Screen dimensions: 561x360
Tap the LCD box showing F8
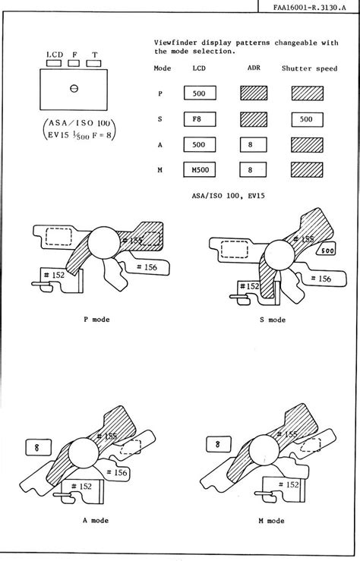coord(200,118)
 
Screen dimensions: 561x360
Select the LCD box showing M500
coord(200,169)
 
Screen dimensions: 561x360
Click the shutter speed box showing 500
coord(306,118)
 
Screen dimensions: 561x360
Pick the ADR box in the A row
coord(251,144)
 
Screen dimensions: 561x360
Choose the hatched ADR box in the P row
coord(251,93)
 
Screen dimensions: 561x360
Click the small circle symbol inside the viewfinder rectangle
coord(74,88)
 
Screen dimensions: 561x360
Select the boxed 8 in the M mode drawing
coord(217,445)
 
